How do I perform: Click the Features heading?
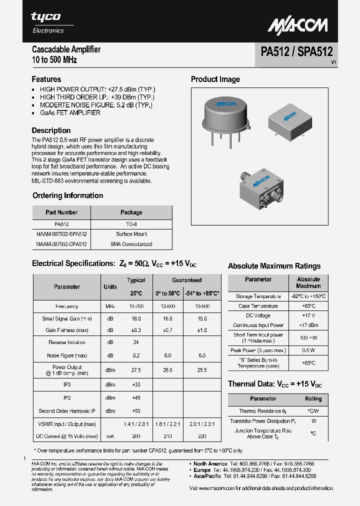click(46, 79)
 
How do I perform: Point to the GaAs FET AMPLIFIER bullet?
click(70, 113)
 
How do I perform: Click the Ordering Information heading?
click(67, 195)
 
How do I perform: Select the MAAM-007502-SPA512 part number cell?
click(61, 234)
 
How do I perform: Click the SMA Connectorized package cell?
click(131, 244)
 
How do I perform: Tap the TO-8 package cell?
click(131, 224)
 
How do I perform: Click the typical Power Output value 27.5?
click(136, 370)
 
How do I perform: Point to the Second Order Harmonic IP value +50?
click(136, 411)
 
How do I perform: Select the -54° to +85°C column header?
click(202, 293)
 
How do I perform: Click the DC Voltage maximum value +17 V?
click(308, 315)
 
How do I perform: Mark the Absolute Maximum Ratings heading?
click(274, 266)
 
